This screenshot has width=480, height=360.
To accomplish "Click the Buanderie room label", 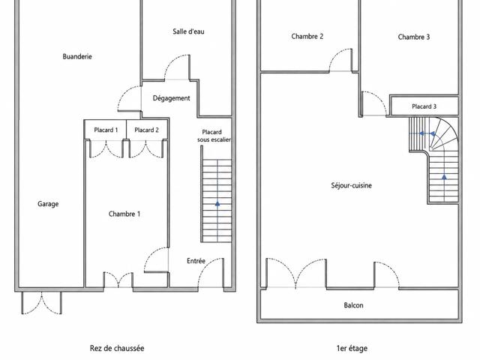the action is click(77, 57).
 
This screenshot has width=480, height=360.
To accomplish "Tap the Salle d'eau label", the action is click(188, 31).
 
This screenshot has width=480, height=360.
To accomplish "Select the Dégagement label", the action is click(172, 98).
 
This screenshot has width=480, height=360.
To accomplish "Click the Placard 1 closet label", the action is click(106, 130).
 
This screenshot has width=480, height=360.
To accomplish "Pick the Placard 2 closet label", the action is click(147, 130).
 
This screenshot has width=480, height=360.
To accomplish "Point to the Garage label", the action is click(48, 204).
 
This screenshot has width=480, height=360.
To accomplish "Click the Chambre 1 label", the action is click(124, 214).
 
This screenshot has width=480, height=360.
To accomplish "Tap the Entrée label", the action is click(196, 261).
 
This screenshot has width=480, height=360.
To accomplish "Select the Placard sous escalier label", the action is click(214, 136).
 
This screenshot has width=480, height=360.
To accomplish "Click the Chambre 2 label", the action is click(307, 37).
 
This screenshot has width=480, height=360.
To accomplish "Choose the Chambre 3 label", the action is click(414, 37).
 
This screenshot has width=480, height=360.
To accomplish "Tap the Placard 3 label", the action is click(424, 106).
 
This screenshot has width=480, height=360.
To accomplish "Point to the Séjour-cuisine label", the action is click(352, 185).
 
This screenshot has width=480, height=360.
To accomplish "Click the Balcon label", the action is click(353, 305).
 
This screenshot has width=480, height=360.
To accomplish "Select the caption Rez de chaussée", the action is click(117, 348).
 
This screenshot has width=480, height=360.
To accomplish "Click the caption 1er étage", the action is click(352, 348).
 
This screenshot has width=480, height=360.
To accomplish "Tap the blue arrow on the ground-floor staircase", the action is click(217, 203).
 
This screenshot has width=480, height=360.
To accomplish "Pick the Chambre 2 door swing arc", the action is click(336, 54).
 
